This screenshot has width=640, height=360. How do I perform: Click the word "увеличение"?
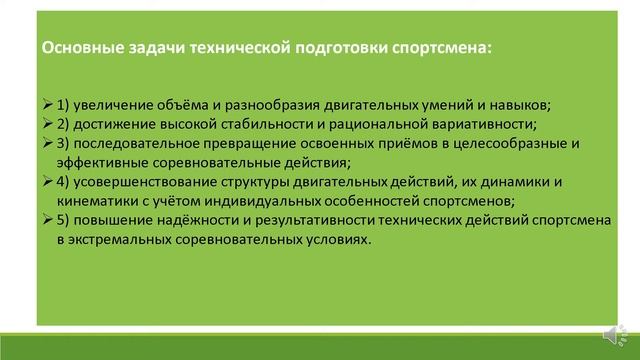[x=118, y=107]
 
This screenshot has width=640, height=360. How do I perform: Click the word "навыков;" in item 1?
[x=547, y=107]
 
